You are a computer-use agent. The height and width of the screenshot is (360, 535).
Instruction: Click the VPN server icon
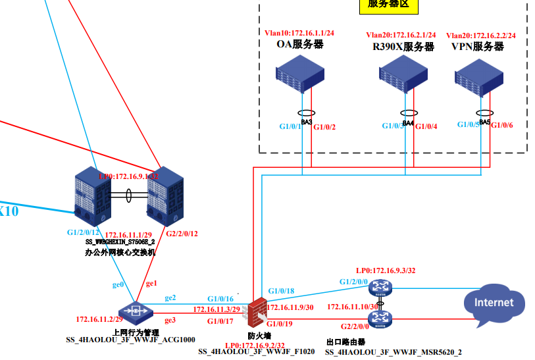coord(483,76)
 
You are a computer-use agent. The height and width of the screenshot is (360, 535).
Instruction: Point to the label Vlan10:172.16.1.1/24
coord(300,32)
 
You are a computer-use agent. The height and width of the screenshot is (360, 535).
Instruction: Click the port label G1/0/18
coord(281,291)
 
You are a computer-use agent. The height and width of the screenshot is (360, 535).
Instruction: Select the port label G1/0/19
coord(281,323)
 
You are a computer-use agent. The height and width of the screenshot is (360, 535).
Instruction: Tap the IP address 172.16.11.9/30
coord(290,307)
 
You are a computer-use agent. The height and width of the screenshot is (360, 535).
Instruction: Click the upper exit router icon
coord(380,287)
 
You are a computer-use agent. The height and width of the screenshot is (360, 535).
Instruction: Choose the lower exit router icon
coord(380,319)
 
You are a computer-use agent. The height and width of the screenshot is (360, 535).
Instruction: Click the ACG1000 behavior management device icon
coord(136,311)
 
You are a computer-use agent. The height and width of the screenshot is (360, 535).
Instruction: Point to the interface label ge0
coord(118,285)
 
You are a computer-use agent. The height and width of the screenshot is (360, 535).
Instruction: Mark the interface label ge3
coord(170,320)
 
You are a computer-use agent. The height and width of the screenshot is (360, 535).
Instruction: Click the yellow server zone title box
coord(388,5)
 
